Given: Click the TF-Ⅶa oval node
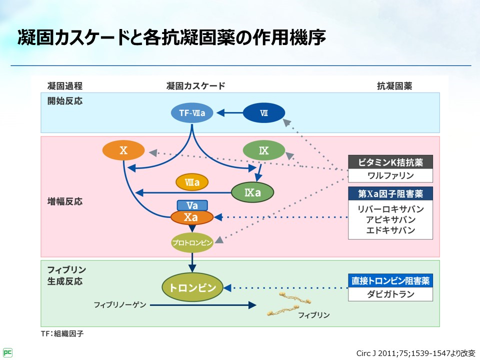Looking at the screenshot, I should [x=192, y=113].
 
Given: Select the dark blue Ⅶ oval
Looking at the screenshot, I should [x=263, y=113].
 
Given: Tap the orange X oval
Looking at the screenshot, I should [x=123, y=150].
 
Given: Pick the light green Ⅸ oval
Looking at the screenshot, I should [x=263, y=150].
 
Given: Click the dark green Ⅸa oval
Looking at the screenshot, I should [x=252, y=192].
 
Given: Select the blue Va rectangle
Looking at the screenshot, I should [x=192, y=205].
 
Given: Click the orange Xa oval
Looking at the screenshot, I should [x=192, y=217].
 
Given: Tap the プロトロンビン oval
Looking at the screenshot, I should [x=192, y=243].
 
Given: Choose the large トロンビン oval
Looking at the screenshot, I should [x=192, y=287].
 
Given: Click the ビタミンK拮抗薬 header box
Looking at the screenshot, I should [x=390, y=162].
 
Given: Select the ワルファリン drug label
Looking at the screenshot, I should [x=390, y=175].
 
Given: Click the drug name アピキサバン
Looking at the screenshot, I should [x=390, y=219].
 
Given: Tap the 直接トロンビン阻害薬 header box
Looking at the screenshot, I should [x=390, y=281].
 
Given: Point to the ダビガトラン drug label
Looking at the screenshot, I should [x=390, y=294].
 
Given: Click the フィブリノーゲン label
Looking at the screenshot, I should [x=120, y=304].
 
